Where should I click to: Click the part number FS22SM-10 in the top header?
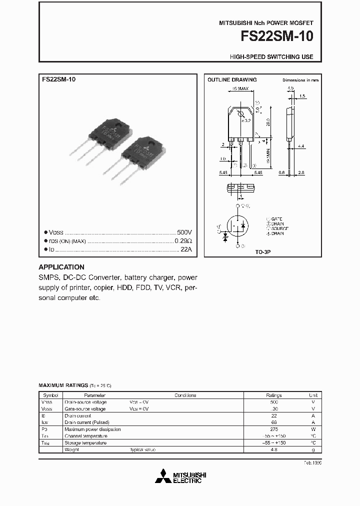277,37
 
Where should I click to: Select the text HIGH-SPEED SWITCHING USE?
271,57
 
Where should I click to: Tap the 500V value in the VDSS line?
184,232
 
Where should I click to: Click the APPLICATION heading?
61,267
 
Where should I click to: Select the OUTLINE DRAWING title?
232,79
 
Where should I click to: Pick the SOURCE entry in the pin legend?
279,228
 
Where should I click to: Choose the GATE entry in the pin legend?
276,219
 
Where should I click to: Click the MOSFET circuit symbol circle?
237,227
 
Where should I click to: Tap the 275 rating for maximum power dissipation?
274,429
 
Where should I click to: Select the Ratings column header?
274,395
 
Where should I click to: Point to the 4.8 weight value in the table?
274,450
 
